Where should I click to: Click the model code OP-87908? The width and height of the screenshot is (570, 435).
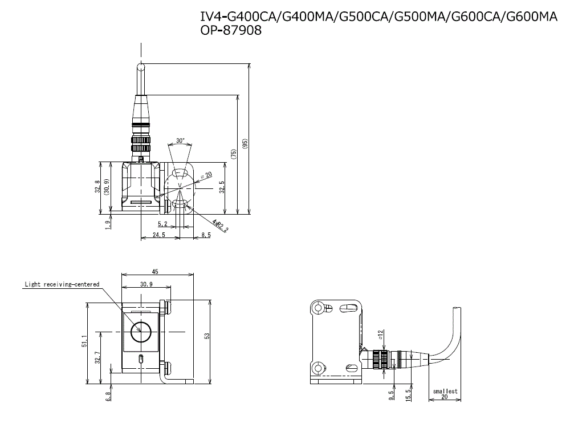pos(231,31)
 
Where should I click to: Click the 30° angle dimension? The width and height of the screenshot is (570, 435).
pos(180,140)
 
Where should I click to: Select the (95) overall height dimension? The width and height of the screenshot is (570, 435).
pos(245,143)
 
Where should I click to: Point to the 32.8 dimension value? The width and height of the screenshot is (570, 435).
pos(98,187)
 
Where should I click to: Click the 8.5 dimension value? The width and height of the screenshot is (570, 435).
pos(206,235)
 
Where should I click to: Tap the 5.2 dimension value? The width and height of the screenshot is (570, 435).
pos(162,224)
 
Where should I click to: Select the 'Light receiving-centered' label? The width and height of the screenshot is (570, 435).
pos(62,284)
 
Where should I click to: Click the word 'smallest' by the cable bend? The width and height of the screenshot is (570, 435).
pos(445,391)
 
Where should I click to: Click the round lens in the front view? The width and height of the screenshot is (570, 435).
pos(139,332)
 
